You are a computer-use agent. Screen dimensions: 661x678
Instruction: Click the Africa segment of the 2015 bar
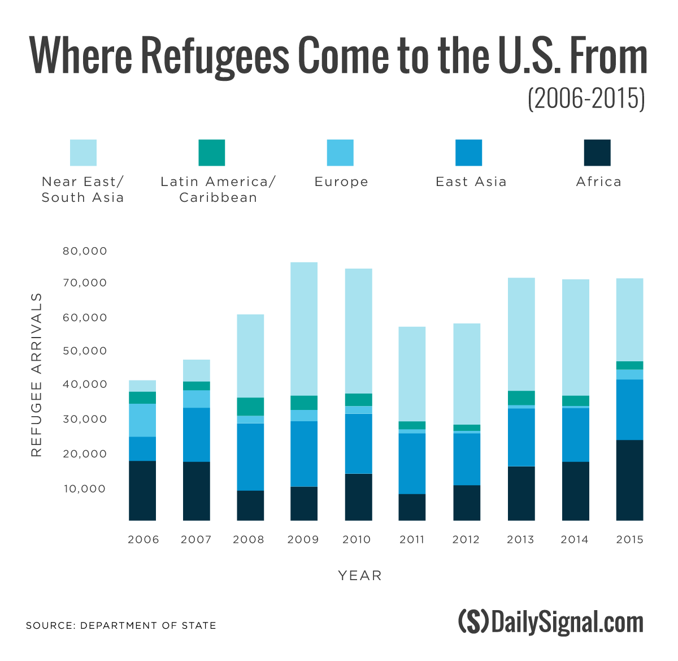click(629, 480)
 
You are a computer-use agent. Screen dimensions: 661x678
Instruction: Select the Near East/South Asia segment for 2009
click(304, 329)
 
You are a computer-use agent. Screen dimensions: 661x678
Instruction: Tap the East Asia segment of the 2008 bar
click(250, 457)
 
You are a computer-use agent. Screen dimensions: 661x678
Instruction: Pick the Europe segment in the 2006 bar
click(142, 420)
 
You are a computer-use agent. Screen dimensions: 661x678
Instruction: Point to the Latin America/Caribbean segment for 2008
click(250, 407)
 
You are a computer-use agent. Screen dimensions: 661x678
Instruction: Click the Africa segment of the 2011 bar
click(412, 507)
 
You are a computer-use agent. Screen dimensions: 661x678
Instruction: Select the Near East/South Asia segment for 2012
click(467, 374)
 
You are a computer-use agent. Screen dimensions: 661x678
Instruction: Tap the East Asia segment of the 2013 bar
click(521, 437)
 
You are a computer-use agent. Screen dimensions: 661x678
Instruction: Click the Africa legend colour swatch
click(597, 153)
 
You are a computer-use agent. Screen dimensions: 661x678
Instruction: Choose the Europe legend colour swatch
click(340, 153)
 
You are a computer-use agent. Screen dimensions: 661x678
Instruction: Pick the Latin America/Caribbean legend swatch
click(212, 153)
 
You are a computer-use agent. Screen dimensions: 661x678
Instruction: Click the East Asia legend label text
click(471, 182)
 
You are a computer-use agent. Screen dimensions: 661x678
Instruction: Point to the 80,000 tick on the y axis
click(85, 250)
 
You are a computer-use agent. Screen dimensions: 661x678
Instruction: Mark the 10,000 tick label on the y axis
click(85, 489)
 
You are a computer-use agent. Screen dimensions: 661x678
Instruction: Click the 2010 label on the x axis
click(357, 539)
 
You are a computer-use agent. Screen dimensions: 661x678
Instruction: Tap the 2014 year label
click(575, 539)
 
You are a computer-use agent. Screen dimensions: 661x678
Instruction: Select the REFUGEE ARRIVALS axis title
click(37, 374)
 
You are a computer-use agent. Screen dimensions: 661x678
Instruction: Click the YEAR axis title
click(360, 576)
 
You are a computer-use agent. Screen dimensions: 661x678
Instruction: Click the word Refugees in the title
click(214, 55)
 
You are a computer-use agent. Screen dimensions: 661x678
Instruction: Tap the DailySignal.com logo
click(551, 622)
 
